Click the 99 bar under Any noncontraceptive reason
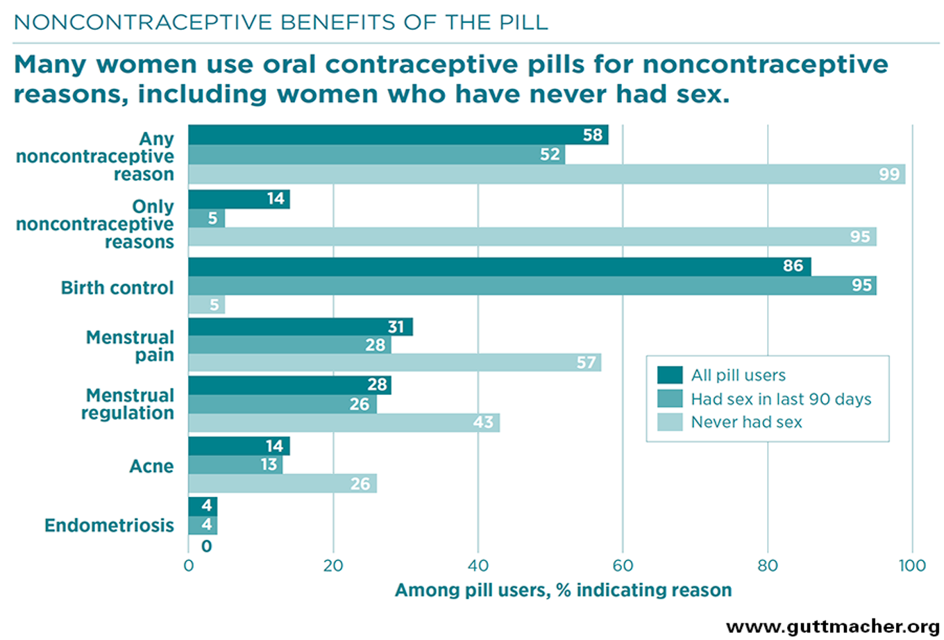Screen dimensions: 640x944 click(546, 174)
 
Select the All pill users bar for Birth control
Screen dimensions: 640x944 click(499, 267)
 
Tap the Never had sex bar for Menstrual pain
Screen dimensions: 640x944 click(394, 362)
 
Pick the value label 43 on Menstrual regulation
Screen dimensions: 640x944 click(483, 422)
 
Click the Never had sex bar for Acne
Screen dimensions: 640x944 click(282, 483)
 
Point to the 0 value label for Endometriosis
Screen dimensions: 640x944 click(206, 546)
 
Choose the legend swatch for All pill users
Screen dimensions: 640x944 click(670, 376)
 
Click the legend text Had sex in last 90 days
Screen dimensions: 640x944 click(781, 399)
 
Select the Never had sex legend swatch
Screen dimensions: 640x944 click(670, 422)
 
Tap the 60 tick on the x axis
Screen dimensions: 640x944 click(623, 565)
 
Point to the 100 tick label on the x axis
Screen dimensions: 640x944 click(912, 565)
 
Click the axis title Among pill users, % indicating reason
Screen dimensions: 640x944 click(563, 590)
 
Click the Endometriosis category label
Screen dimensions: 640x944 click(109, 525)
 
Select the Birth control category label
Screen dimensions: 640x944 click(117, 287)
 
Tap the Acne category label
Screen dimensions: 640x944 click(151, 466)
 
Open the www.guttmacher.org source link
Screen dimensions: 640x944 click(833, 627)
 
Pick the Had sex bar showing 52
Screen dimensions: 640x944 click(376, 154)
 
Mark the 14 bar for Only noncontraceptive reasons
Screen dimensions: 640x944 click(239, 199)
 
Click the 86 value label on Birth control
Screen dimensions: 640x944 click(793, 267)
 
